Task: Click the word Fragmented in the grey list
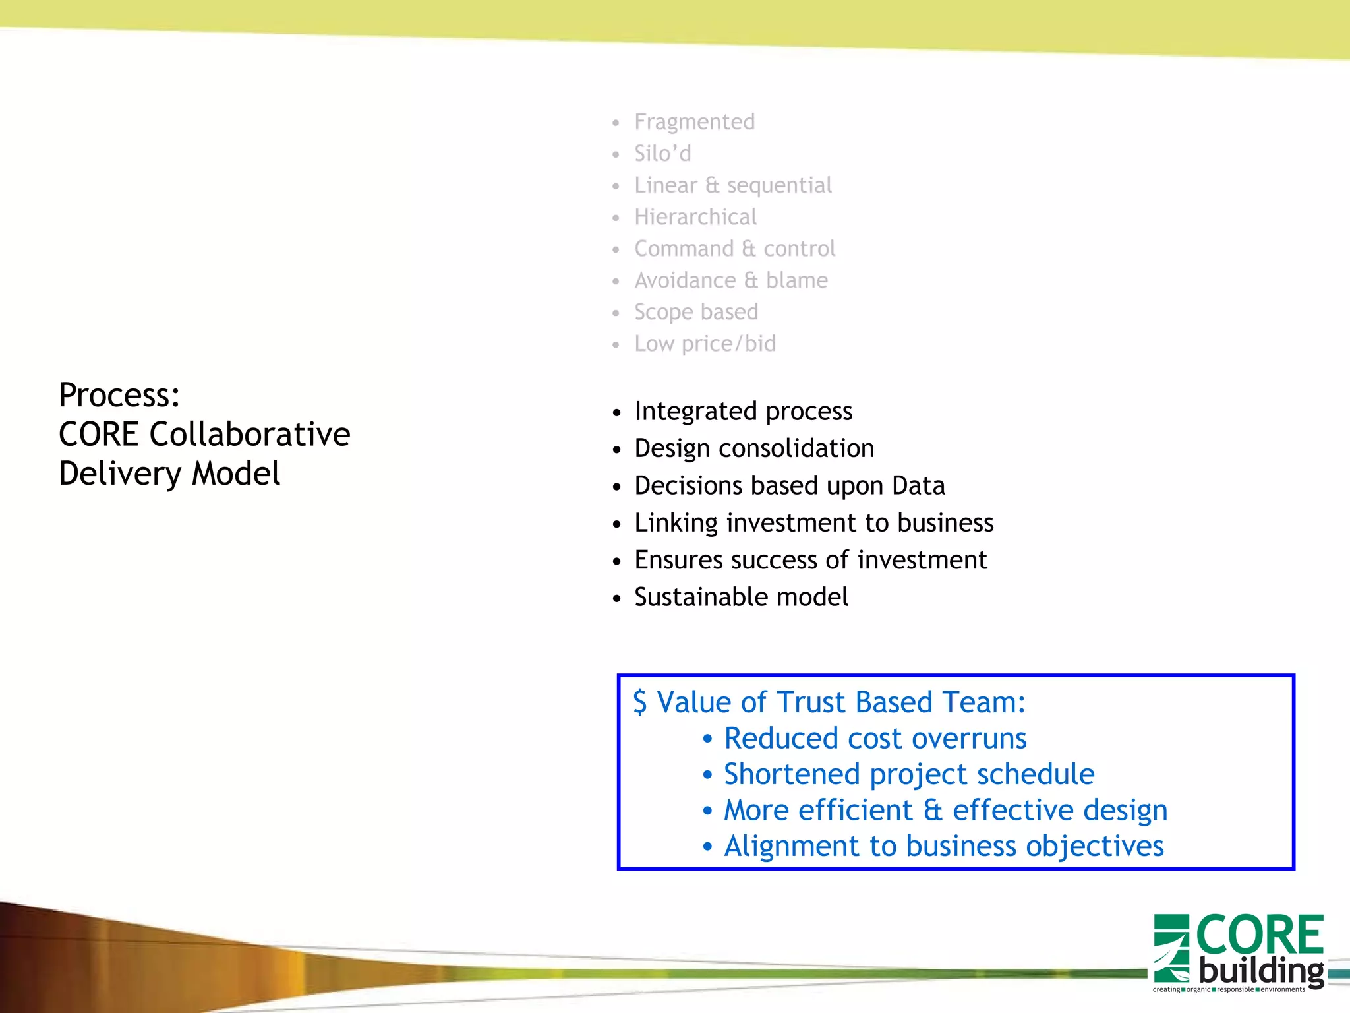click(x=694, y=122)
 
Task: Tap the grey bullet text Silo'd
click(x=662, y=154)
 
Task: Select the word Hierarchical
click(x=695, y=217)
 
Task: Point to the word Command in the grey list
click(x=684, y=249)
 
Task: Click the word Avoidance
click(x=685, y=280)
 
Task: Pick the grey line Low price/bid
click(x=705, y=344)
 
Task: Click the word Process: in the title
click(x=119, y=395)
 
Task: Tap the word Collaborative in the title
click(x=250, y=434)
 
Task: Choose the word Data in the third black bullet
click(x=918, y=486)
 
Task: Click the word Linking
click(x=676, y=523)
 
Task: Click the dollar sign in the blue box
click(x=639, y=702)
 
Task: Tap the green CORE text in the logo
click(x=1259, y=935)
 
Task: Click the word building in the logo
click(x=1261, y=971)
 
